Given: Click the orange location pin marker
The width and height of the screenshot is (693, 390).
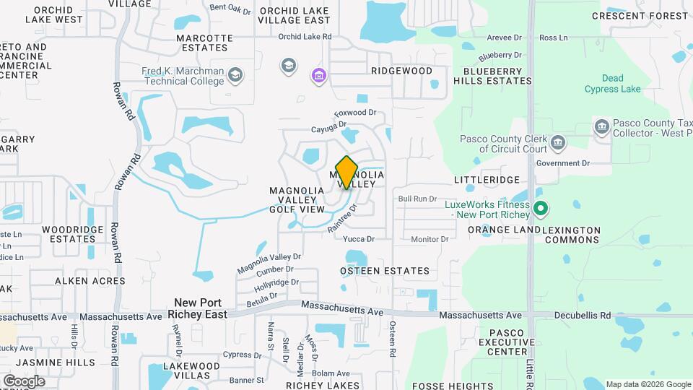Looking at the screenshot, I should pyautogui.click(x=346, y=172).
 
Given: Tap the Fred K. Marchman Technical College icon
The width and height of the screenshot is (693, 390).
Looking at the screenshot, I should pyautogui.click(x=235, y=74).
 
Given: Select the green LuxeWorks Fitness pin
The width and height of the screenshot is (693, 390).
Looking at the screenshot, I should pyautogui.click(x=540, y=209).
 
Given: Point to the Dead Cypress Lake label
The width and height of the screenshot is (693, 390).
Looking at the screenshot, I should pyautogui.click(x=612, y=83).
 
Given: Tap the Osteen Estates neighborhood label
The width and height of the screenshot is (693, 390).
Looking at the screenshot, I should pyautogui.click(x=385, y=271).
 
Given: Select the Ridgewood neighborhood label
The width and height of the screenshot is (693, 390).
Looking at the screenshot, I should pyautogui.click(x=401, y=71).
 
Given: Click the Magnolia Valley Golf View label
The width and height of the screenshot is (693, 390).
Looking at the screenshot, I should pyautogui.click(x=293, y=200).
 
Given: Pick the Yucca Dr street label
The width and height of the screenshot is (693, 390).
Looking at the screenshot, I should pyautogui.click(x=359, y=239).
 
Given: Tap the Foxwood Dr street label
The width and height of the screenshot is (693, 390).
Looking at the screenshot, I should pyautogui.click(x=355, y=113).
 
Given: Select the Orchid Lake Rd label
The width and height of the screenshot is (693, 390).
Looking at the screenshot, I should pyautogui.click(x=305, y=36).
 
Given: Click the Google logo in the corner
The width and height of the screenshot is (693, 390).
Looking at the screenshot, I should pyautogui.click(x=24, y=381).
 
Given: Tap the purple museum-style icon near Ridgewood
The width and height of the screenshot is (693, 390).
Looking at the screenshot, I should pyautogui.click(x=318, y=75).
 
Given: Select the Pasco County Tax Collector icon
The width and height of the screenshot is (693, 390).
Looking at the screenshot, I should pyautogui.click(x=601, y=128).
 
